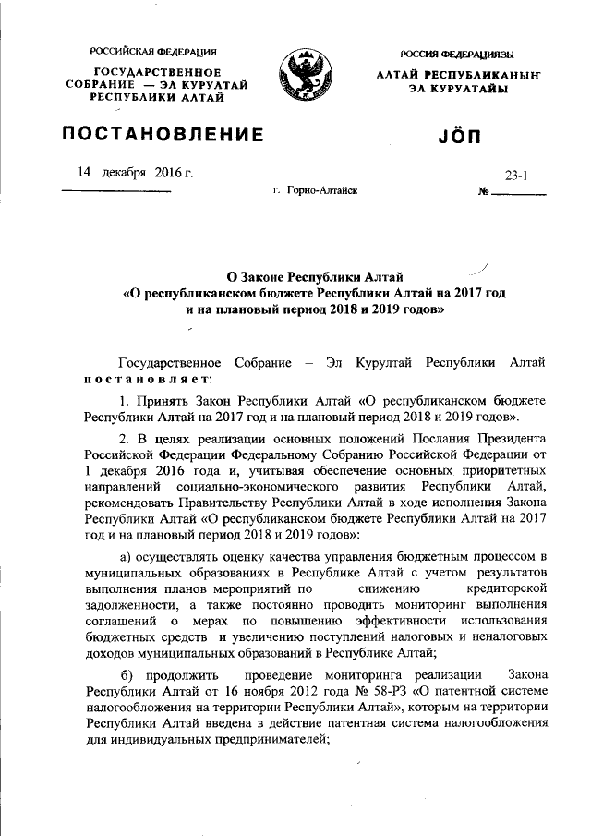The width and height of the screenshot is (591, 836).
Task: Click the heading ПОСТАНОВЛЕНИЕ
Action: click(163, 135)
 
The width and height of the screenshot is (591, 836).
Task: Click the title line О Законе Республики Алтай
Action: click(315, 276)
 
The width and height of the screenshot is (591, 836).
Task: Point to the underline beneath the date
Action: click(116, 190)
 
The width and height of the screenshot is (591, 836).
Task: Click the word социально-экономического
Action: click(268, 486)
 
